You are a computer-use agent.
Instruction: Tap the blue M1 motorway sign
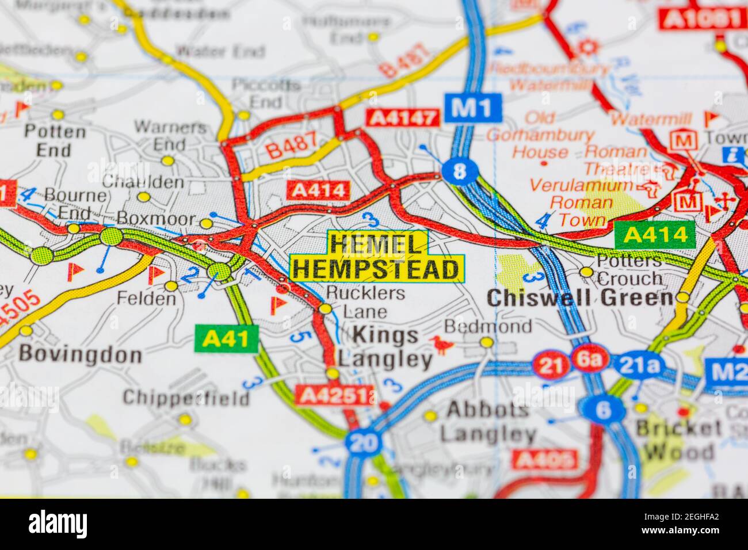tap(472, 107)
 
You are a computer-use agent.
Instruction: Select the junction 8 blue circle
tap(459, 170)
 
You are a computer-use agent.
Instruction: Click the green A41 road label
tap(226, 339)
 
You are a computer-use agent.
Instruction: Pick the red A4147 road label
tap(403, 117)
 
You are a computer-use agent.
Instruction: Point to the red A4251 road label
tap(335, 395)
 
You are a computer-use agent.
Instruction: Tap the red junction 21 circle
tap(550, 365)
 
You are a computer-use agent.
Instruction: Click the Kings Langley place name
tap(385, 347)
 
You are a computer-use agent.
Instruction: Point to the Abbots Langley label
tap(488, 421)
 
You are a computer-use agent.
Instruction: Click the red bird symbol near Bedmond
tap(442, 343)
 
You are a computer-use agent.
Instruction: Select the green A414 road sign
tap(655, 235)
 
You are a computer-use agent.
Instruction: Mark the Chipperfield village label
tap(186, 398)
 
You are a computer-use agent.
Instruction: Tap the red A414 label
tap(318, 190)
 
